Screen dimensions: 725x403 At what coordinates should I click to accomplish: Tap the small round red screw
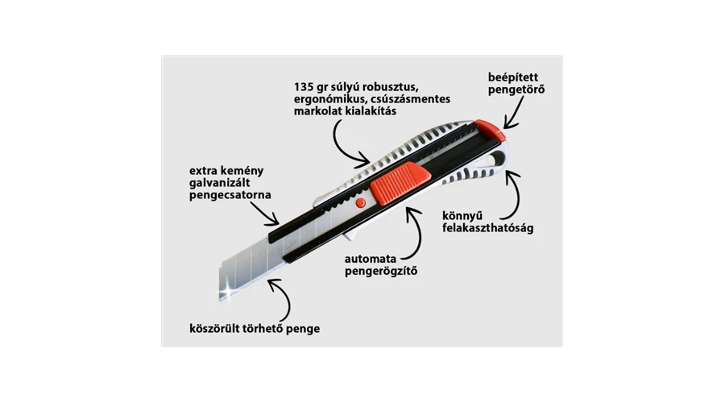point(361,202)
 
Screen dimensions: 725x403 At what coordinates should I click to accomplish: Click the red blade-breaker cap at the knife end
point(489,129)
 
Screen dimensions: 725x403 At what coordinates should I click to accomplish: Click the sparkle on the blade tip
point(226,292)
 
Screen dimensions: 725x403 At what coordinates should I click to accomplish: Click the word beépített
point(513,77)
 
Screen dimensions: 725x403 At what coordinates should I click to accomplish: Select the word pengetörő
point(516,89)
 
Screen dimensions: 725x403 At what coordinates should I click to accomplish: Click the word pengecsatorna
point(230,195)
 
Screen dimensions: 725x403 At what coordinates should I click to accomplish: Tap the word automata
point(364,259)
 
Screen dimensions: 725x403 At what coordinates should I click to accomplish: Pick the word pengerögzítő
point(381,271)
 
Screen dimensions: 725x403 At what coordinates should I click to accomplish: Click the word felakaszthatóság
point(488,228)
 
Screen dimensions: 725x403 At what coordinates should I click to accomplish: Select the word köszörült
point(214,329)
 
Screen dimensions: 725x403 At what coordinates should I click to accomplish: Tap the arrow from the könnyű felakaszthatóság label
point(516,197)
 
